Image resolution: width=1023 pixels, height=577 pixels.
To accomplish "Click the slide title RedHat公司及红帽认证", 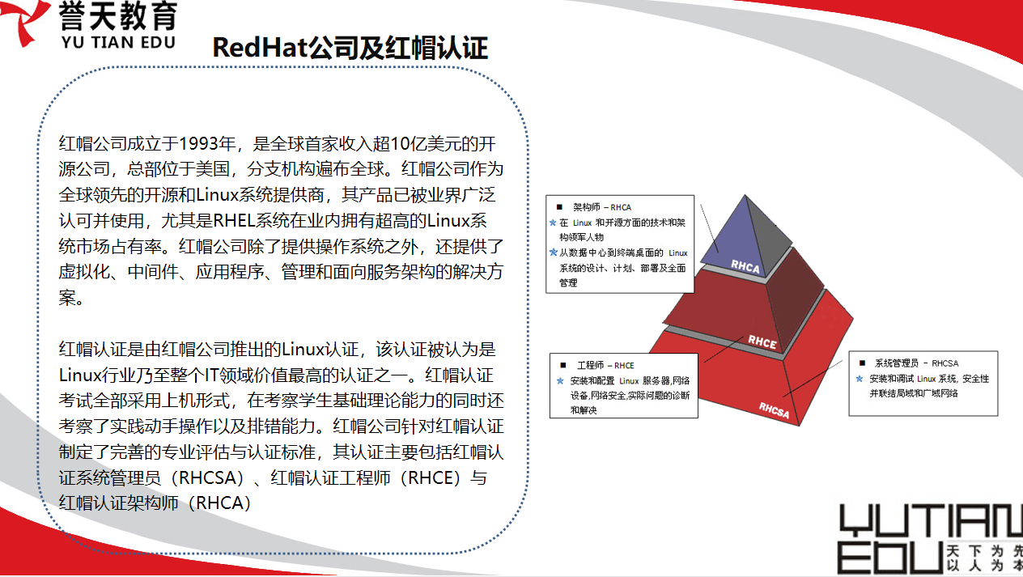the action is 350,48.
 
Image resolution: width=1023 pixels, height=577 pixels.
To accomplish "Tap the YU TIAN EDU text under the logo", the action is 118,42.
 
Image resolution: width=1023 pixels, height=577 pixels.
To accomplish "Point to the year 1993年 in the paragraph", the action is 207,144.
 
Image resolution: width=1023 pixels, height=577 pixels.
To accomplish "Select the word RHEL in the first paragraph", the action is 234,221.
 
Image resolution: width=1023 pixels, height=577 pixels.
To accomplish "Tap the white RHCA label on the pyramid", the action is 745,266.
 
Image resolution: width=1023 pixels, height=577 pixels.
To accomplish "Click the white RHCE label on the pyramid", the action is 762,342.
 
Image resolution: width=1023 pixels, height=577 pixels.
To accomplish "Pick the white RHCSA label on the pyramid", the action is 774,410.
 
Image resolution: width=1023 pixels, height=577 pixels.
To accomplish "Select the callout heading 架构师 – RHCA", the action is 602,207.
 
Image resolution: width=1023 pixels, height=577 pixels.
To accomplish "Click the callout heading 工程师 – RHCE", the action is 605,365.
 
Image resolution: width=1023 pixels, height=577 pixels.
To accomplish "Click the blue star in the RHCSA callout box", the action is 860,379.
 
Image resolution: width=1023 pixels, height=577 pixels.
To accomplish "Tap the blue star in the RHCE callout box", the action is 560,380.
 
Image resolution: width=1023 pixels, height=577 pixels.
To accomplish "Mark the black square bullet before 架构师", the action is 559,207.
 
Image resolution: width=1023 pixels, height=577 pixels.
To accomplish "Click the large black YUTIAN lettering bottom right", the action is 931,521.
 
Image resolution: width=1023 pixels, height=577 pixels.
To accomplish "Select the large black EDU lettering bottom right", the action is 890,558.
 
